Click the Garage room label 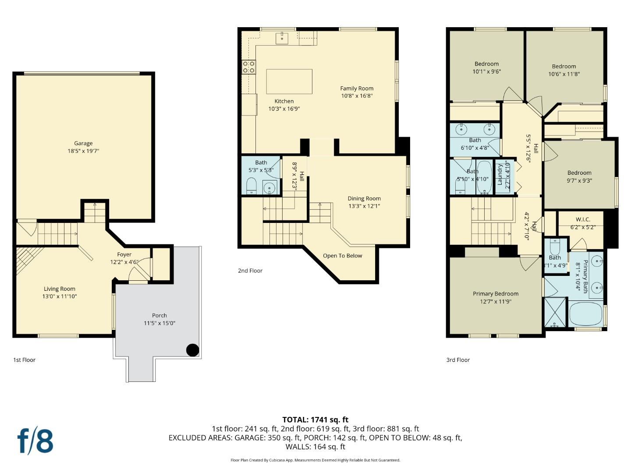click(83, 143)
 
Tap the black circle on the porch click(193, 350)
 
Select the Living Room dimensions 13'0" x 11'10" click(60, 297)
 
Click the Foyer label click(124, 254)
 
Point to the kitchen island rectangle click(289, 81)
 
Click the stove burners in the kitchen click(249, 67)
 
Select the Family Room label click(357, 88)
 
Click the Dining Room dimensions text click(364, 206)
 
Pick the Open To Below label click(342, 256)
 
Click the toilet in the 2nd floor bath click(252, 186)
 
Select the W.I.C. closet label click(583, 219)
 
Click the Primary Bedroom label click(496, 294)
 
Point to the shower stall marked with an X click(555, 312)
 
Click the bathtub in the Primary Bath click(585, 314)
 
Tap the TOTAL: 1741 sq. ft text click(315, 420)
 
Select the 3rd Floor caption click(458, 360)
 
